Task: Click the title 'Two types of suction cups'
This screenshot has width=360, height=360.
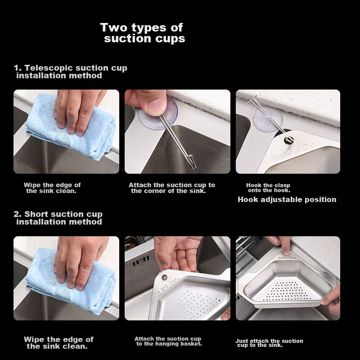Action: coord(142,33)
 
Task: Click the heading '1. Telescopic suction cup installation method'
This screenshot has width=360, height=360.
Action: coord(70,72)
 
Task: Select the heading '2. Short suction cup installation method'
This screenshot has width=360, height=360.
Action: coord(58,218)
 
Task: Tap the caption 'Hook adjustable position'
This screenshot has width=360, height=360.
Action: coord(287,199)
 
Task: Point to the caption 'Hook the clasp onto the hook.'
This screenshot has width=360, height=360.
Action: coord(268,188)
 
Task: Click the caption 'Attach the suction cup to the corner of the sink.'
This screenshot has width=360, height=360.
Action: coord(172,188)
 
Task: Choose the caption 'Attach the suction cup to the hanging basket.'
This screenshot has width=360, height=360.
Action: coord(168,341)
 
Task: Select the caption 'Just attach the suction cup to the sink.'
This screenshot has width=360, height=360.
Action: coord(269,343)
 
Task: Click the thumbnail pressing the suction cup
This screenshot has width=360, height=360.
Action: coord(157,106)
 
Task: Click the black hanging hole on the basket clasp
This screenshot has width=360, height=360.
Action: coord(289,139)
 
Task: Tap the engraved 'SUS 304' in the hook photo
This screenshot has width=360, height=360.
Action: coord(295,152)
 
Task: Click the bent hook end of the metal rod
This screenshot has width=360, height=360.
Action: coord(252,99)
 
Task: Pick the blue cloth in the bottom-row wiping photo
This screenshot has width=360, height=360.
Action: coord(71,283)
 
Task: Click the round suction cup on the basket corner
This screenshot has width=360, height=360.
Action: coord(164,277)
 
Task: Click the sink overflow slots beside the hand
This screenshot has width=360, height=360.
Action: coord(141,261)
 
